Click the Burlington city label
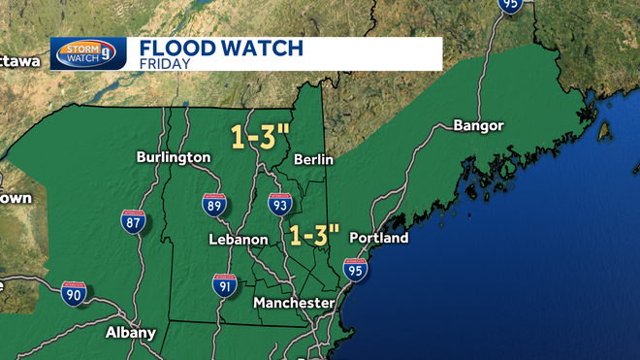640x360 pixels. click(x=174, y=156)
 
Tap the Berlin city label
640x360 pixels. click(x=314, y=159)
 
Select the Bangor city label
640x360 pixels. click(x=478, y=126)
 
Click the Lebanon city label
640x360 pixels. click(x=238, y=239)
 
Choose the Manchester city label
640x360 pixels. click(x=294, y=304)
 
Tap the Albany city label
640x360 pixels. click(x=130, y=332)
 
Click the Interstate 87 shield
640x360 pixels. click(x=134, y=221)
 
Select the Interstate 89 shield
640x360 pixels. click(x=215, y=204)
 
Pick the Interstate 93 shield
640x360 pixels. click(x=280, y=204)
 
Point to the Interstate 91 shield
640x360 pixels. click(x=225, y=284)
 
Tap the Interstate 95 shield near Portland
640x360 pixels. click(x=356, y=271)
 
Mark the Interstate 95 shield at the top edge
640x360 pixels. click(x=511, y=5)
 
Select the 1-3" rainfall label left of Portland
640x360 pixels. click(x=315, y=234)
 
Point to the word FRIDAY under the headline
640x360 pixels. click(x=163, y=64)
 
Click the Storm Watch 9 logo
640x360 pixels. click(x=89, y=52)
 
